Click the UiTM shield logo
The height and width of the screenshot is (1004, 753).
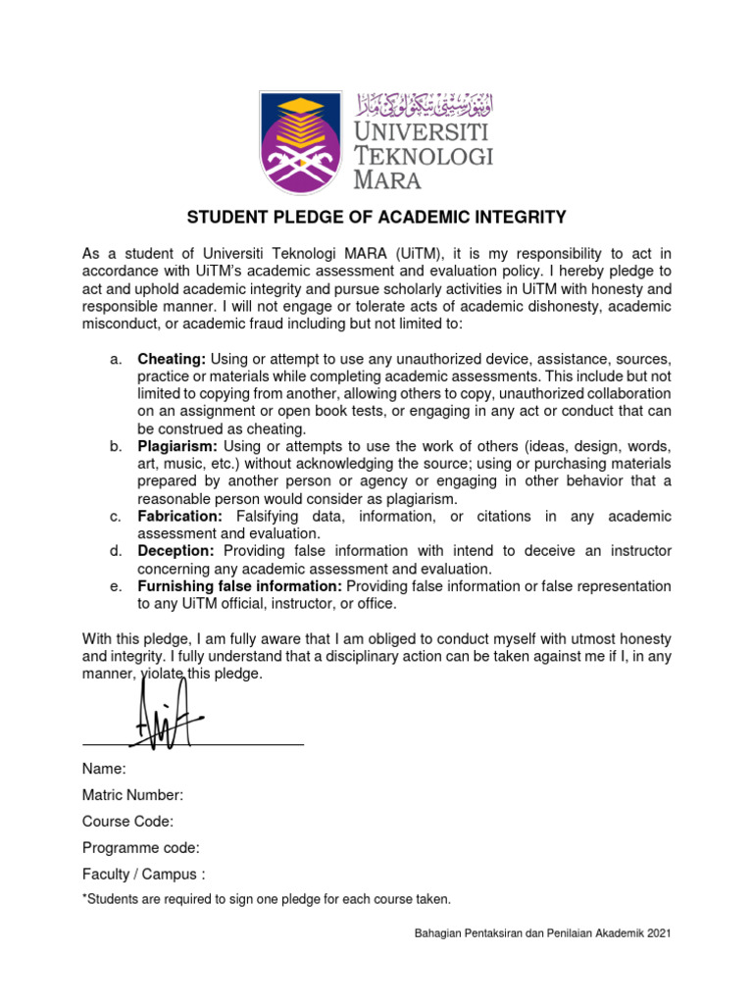[x=302, y=142]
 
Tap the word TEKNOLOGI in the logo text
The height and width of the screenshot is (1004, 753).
[x=424, y=156]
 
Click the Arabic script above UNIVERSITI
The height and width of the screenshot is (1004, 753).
[x=424, y=102]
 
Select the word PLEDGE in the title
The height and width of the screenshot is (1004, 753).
[x=302, y=217]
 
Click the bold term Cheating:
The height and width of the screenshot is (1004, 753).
[x=172, y=359]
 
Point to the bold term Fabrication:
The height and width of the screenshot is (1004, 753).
[x=180, y=516]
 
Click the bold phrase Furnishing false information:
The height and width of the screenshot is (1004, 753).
[x=239, y=586]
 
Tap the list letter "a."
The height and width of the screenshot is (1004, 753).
[x=116, y=359]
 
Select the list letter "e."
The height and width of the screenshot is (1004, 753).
[x=116, y=586]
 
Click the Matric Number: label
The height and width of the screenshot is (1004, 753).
[x=132, y=795]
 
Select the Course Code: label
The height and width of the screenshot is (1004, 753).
[x=127, y=822]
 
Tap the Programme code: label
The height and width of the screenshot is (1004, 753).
[x=140, y=848]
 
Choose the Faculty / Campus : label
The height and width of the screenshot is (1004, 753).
[x=144, y=875]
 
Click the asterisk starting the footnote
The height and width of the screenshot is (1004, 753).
[x=85, y=897]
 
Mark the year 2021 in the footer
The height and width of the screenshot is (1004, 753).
[x=656, y=936]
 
